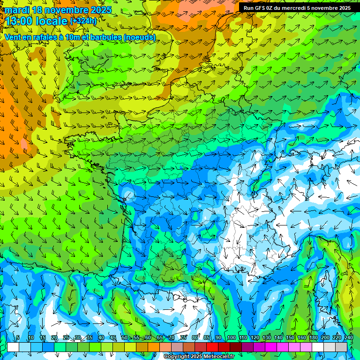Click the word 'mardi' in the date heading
[17, 10]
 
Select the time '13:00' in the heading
[18, 21]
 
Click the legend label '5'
[18, 337]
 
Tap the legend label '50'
[124, 337]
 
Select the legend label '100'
[232, 337]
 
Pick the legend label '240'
[348, 337]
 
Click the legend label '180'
[314, 337]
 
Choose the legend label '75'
[183, 337]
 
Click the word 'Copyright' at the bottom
[177, 357]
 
